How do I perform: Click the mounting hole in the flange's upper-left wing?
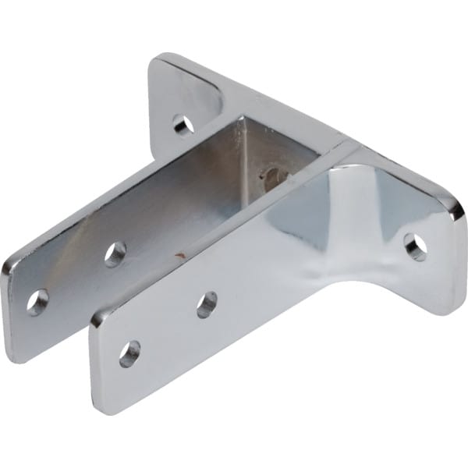(183, 123)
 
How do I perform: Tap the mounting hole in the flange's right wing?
(415, 246)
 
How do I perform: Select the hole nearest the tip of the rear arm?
(37, 301)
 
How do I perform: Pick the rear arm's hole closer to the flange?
(115, 252)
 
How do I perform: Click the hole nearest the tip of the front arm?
(129, 353)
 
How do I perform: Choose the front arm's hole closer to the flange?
(207, 304)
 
